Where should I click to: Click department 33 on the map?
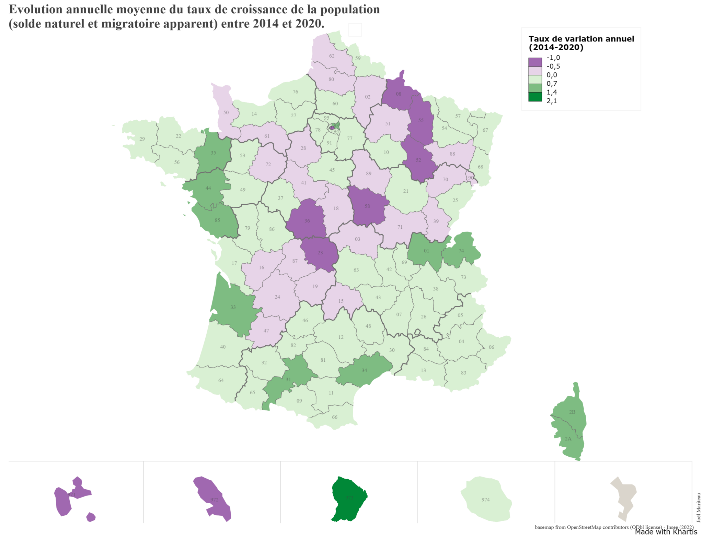(x=233, y=307)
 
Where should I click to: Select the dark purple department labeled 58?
(x=367, y=206)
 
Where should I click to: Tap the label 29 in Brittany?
(x=142, y=139)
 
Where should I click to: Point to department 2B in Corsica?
(x=572, y=412)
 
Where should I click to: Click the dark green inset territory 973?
(x=349, y=498)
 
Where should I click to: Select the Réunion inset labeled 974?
(x=485, y=500)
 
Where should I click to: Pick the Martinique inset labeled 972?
(x=215, y=500)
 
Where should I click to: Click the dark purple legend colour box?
(x=535, y=62)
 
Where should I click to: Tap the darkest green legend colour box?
(x=535, y=97)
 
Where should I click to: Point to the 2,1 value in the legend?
(x=552, y=101)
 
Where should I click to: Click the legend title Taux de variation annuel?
(x=581, y=39)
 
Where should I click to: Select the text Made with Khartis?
(x=666, y=532)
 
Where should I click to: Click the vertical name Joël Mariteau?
(x=699, y=507)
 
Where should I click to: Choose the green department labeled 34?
(x=364, y=370)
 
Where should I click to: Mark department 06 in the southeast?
(x=492, y=347)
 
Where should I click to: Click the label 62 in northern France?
(x=332, y=56)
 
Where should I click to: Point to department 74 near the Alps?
(x=461, y=251)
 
